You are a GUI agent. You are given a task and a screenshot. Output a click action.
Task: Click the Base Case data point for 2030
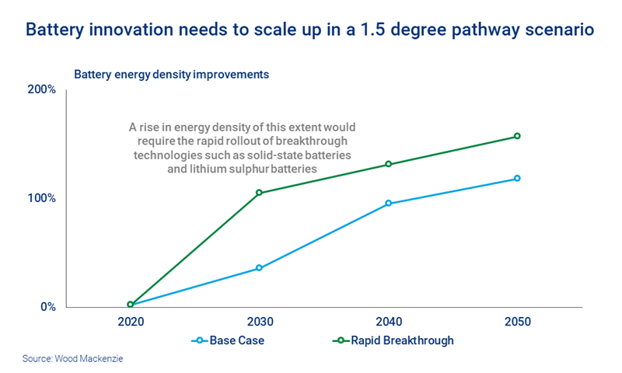pos(259,268)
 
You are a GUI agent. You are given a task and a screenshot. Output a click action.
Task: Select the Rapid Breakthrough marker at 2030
pos(259,193)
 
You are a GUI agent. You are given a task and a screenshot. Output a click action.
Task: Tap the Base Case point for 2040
pos(388,204)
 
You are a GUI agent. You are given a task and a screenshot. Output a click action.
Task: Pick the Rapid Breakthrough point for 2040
pos(388,164)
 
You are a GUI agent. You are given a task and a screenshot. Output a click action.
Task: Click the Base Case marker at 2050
pos(517,179)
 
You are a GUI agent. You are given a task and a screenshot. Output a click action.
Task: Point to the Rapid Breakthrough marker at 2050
pos(517,136)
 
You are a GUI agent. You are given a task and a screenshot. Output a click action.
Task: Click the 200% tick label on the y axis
pos(42,90)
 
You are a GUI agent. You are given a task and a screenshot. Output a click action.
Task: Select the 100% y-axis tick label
pos(42,198)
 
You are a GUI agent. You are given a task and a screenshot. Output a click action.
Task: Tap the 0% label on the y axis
pos(47,307)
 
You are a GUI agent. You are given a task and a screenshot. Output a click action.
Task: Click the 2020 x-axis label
pos(130,322)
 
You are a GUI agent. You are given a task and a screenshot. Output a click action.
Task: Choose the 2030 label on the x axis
pos(259,322)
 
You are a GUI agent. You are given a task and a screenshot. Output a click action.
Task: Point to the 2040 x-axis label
pos(388,322)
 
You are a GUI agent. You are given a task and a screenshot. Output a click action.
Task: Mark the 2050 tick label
pos(517,322)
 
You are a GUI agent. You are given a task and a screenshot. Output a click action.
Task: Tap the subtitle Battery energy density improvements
pos(171,75)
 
